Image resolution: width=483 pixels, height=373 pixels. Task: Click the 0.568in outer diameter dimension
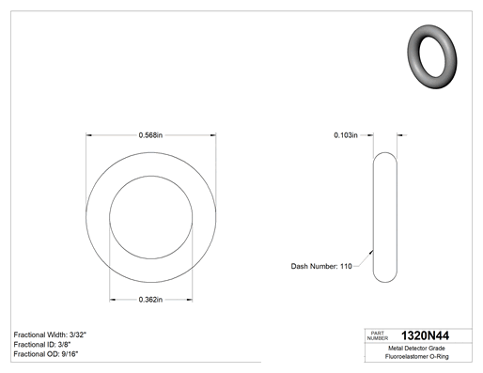pyautogui.click(x=150, y=135)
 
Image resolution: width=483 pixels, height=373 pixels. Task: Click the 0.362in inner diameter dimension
pyautogui.click(x=150, y=300)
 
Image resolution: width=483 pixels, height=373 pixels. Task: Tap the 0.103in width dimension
pyautogui.click(x=346, y=135)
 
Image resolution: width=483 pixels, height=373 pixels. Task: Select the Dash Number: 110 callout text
pyautogui.click(x=321, y=266)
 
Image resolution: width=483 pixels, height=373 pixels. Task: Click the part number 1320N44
pyautogui.click(x=425, y=335)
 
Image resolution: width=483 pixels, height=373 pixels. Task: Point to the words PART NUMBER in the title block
pyautogui.click(x=378, y=335)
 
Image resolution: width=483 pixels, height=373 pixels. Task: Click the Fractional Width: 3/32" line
pyautogui.click(x=50, y=334)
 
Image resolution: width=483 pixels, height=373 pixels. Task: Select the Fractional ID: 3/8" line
pyautogui.click(x=42, y=345)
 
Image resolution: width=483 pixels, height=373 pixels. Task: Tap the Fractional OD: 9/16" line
pyautogui.click(x=46, y=354)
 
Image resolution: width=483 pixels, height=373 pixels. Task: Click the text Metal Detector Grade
pyautogui.click(x=416, y=349)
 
